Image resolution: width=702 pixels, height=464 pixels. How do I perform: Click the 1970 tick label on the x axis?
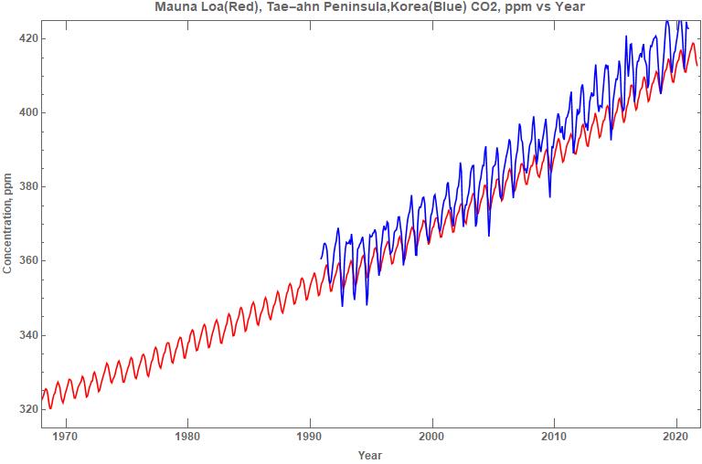tap(65, 437)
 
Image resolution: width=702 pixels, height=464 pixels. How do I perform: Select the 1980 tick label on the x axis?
tap(187, 437)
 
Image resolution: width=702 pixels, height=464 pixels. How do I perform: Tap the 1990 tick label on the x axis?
tap(310, 437)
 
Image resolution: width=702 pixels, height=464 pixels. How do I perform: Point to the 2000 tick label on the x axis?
tap(432, 437)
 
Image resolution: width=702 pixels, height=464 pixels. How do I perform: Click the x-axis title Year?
tap(370, 455)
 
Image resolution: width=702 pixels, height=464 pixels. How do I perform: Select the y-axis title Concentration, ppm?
tap(8, 223)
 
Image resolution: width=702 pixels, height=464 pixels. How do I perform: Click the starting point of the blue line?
tap(320, 258)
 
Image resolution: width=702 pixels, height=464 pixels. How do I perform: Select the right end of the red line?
tap(697, 65)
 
